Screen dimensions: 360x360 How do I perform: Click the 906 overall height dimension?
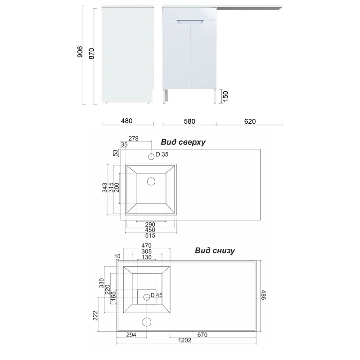[80, 52]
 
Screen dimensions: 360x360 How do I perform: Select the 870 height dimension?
[91, 54]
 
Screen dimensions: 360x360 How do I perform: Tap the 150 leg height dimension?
[225, 96]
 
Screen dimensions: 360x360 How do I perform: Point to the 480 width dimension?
[126, 121]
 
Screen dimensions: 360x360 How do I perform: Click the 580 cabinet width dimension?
[189, 121]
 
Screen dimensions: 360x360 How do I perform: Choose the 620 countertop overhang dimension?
[250, 121]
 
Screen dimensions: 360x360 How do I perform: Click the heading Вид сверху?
[183, 142]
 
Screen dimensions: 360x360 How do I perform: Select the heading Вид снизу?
[215, 250]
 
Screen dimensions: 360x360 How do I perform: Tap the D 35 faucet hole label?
[162, 154]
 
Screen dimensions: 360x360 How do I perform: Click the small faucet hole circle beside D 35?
[151, 157]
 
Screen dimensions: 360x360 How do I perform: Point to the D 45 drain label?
[156, 295]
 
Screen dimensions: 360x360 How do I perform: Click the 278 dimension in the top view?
[133, 139]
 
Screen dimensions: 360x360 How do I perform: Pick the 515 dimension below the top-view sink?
[150, 235]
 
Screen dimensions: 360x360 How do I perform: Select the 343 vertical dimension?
[105, 187]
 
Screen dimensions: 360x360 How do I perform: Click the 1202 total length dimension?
[184, 340]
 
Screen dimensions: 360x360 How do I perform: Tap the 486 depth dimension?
[264, 295]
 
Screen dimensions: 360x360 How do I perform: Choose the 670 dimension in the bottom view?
[202, 334]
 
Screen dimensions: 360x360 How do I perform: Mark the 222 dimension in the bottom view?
[95, 315]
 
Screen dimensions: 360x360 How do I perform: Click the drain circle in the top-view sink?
[151, 181]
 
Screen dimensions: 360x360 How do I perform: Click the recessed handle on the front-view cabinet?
[189, 22]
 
